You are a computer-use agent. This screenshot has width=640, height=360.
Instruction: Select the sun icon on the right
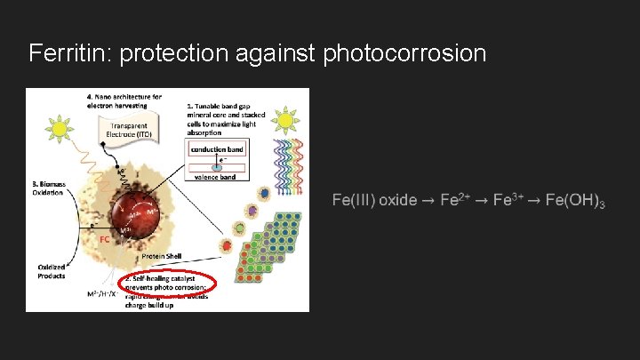point(284,121)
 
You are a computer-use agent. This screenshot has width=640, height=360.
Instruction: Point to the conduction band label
point(216,149)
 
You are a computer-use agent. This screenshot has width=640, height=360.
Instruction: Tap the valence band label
point(216,177)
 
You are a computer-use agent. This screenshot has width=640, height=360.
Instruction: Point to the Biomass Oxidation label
point(50,188)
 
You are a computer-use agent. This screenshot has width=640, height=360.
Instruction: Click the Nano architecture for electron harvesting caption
point(124,100)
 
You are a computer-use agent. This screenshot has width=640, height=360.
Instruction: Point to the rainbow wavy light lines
point(285,169)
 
